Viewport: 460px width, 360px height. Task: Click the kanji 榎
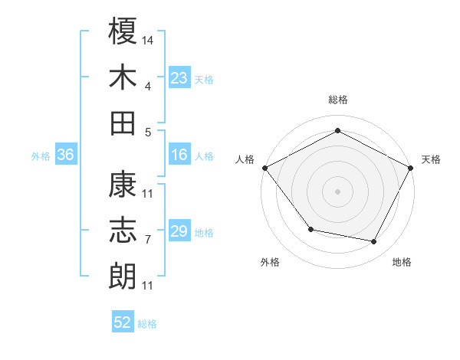tap(123, 31)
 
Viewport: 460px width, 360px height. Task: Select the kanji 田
tap(123, 122)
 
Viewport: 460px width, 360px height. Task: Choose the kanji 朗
tap(123, 276)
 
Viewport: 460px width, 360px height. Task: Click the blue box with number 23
tap(179, 77)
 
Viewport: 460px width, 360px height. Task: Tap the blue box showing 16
tap(179, 155)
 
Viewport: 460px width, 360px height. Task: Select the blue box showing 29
tap(179, 231)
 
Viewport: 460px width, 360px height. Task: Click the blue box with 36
tap(65, 155)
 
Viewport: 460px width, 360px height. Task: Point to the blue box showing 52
tap(123, 322)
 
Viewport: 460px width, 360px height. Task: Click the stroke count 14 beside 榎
tap(149, 39)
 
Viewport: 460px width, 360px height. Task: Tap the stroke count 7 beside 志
tap(147, 240)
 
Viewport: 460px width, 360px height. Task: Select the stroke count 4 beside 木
tap(147, 86)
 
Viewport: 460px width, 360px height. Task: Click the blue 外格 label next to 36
tap(41, 156)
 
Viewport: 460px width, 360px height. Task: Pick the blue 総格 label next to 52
tap(147, 324)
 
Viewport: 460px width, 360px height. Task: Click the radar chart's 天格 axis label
tap(432, 159)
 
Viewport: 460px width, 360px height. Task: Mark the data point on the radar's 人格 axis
tap(264, 167)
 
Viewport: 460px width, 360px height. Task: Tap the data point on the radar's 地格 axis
tap(374, 242)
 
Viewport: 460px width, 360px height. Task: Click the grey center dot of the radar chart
tap(337, 191)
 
